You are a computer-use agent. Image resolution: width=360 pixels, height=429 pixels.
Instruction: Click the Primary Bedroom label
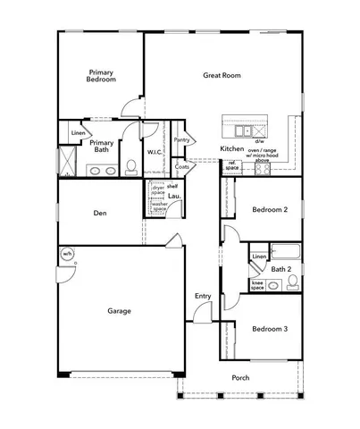pyautogui.click(x=102, y=75)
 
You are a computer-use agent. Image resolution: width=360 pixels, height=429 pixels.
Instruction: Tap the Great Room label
pyautogui.click(x=222, y=76)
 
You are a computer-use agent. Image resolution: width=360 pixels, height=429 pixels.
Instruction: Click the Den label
pyautogui.click(x=101, y=214)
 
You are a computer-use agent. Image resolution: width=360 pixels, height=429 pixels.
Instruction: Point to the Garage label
pyautogui.click(x=120, y=311)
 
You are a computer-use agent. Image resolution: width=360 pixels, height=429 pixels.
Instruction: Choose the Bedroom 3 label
pyautogui.click(x=269, y=329)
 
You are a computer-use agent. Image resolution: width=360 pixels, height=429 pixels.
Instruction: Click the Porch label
pyautogui.click(x=241, y=378)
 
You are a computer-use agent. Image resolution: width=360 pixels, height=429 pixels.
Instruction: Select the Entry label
pyautogui.click(x=203, y=296)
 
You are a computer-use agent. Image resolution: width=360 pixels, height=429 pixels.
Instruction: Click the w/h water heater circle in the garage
pyautogui.click(x=67, y=255)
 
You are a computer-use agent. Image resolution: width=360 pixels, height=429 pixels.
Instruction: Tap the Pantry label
pyautogui.click(x=181, y=139)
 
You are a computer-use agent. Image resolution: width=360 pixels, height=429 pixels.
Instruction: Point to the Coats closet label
pyautogui.click(x=182, y=166)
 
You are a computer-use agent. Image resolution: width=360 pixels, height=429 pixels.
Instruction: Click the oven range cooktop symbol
pyautogui.click(x=263, y=167)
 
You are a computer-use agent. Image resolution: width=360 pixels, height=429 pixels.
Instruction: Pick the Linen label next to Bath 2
pyautogui.click(x=258, y=257)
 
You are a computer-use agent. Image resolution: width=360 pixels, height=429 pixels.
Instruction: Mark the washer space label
pyautogui.click(x=159, y=206)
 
